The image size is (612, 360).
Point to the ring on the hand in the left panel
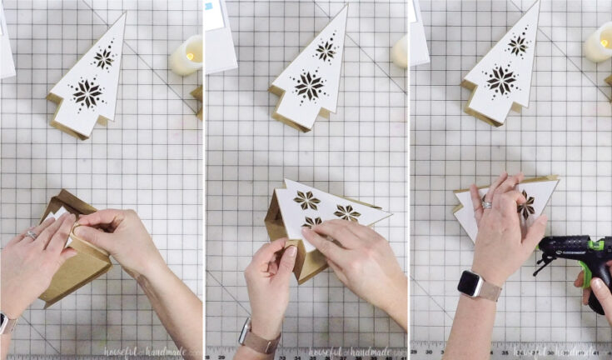[x=31, y=235]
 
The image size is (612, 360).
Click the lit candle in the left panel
[x=187, y=55]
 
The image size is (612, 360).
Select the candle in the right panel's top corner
[x=598, y=42]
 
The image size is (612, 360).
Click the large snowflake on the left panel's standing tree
[x=87, y=93]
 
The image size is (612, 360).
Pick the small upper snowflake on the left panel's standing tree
[x=104, y=58]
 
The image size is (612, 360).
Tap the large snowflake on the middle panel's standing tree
[x=309, y=85]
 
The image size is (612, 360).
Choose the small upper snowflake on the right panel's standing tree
[x=518, y=45]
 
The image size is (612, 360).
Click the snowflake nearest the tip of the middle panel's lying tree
[x=347, y=212]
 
